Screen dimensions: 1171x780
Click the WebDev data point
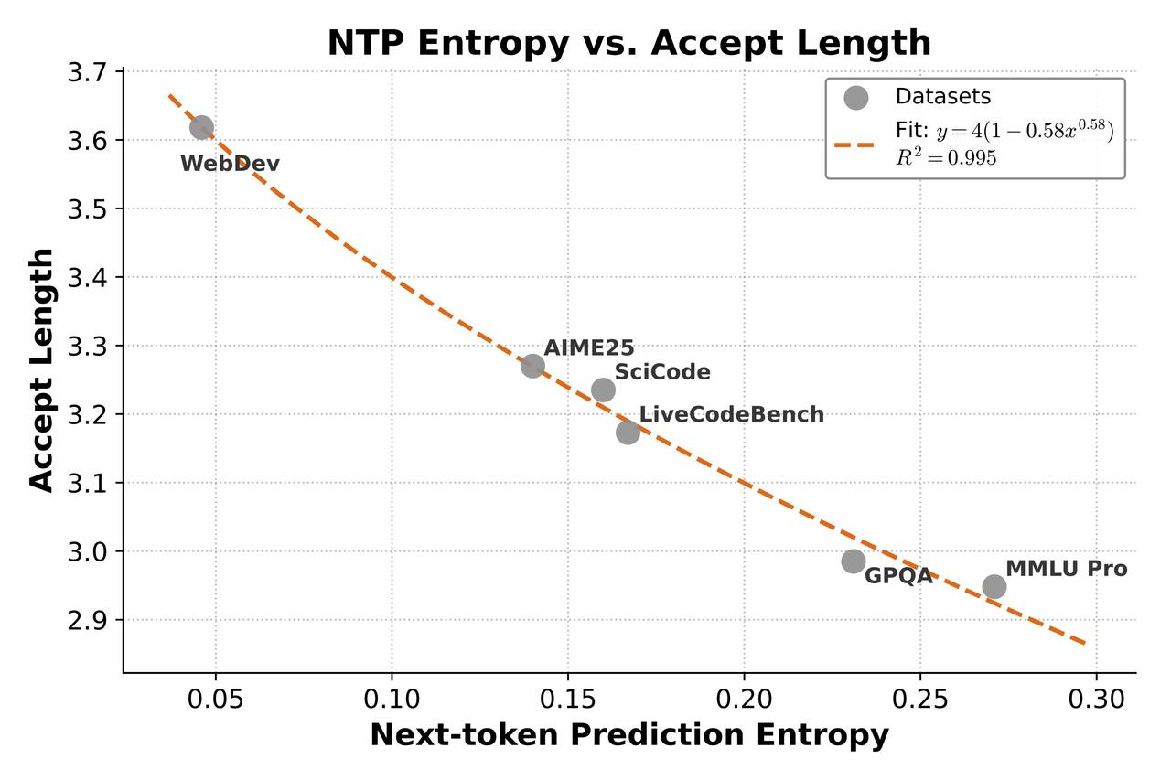coord(201,127)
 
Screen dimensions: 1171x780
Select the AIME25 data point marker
coord(532,366)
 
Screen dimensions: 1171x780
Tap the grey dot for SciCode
coord(603,390)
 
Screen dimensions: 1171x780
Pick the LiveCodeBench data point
coord(628,432)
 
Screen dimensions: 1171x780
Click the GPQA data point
coord(854,561)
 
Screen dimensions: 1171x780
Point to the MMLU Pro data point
coord(994,586)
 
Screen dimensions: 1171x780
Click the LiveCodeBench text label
coord(731,414)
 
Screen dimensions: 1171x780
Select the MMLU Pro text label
coord(1067,569)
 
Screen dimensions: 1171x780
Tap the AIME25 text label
coord(588,348)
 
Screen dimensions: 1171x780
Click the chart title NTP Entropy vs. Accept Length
coord(629,43)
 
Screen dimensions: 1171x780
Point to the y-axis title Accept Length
coord(41,370)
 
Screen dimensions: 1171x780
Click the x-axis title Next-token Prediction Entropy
coord(629,735)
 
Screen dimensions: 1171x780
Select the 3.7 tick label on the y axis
coord(87,72)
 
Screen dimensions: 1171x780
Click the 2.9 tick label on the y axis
coord(87,620)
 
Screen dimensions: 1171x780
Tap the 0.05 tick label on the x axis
coord(215,699)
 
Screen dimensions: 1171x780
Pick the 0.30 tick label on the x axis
coord(1096,699)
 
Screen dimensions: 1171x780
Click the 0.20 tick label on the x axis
coord(744,699)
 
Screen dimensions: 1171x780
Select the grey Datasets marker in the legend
coord(855,97)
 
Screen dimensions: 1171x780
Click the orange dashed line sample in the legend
coord(854,144)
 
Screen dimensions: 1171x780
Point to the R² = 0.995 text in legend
coord(946,157)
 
